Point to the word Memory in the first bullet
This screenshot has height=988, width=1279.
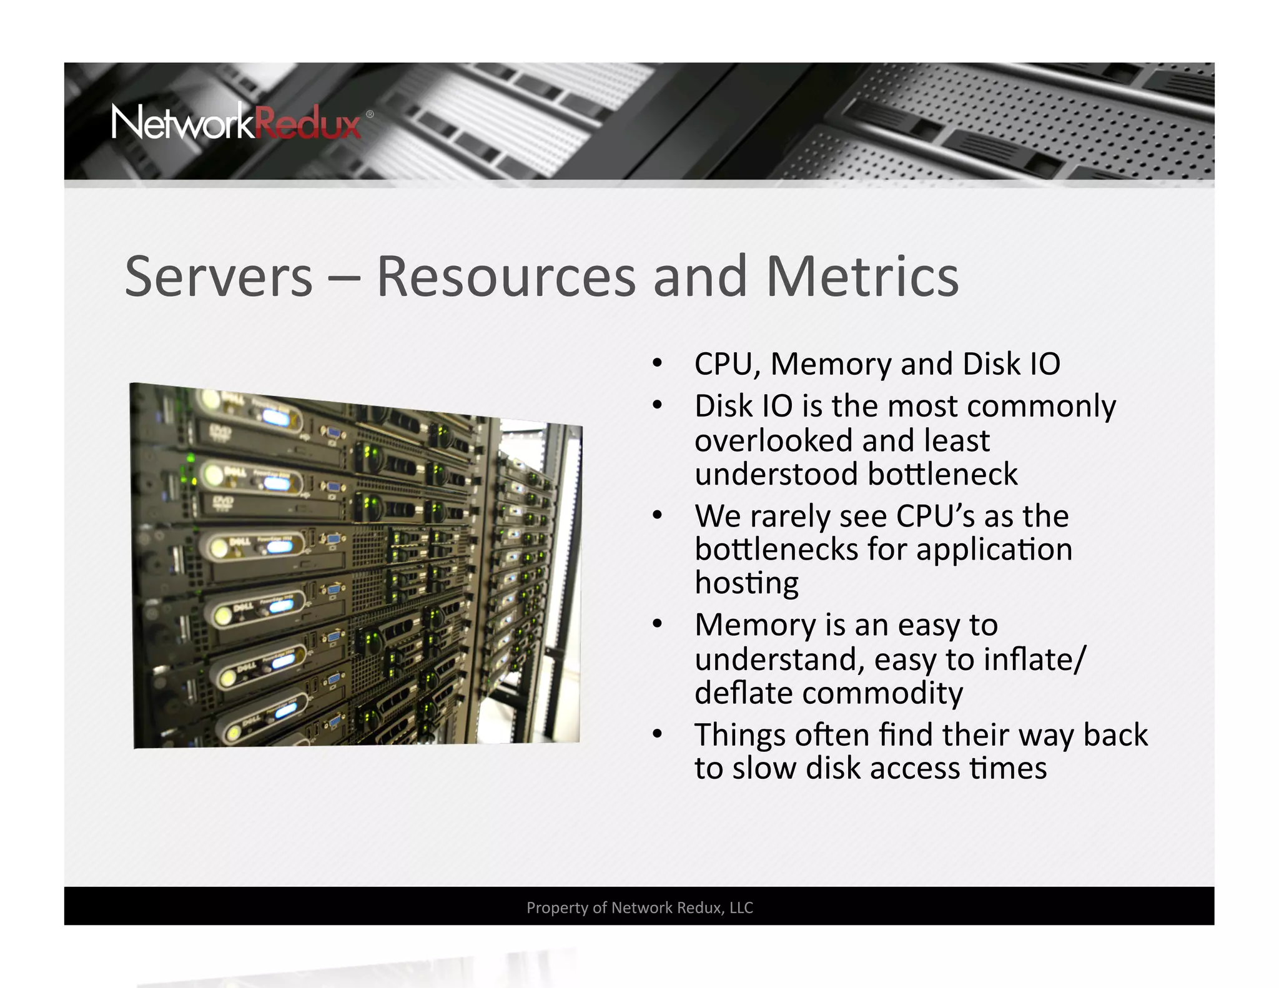coord(831,364)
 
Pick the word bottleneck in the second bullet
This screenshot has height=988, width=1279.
coord(943,475)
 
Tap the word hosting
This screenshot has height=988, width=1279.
coord(747,584)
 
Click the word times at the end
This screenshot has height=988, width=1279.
coord(1008,769)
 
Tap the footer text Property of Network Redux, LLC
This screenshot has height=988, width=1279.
coord(639,907)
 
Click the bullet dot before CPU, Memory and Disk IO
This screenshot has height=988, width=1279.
coord(657,363)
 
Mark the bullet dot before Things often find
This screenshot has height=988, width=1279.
coord(657,734)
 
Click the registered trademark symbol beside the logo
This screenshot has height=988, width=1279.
coord(370,114)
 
